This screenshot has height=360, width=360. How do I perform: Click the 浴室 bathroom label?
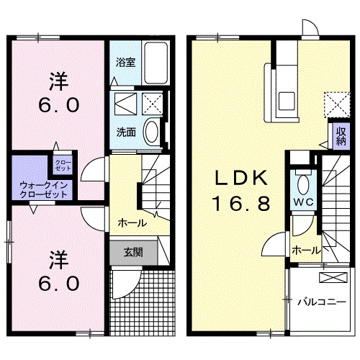click(x=125, y=62)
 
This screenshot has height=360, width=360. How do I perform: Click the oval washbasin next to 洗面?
click(x=151, y=132)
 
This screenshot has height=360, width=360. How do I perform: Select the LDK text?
click(x=240, y=178)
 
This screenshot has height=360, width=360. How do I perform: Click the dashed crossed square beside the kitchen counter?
click(x=333, y=103)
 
